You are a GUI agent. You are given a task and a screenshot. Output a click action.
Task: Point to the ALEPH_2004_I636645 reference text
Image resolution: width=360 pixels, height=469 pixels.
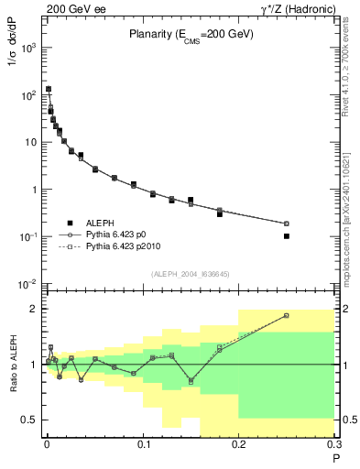click(x=191, y=274)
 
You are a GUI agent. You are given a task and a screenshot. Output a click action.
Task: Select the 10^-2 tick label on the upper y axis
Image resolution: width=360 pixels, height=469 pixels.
click(x=28, y=284)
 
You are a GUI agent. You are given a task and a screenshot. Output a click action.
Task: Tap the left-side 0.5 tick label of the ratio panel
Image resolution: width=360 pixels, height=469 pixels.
click(x=29, y=420)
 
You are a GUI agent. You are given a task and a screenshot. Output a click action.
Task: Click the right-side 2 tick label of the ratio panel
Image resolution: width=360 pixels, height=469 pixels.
click(x=344, y=309)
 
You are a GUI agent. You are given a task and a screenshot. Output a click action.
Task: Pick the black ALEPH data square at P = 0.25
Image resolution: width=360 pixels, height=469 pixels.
click(x=287, y=236)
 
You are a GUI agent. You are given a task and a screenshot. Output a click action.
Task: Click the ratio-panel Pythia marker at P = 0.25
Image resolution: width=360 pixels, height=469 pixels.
click(x=287, y=315)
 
